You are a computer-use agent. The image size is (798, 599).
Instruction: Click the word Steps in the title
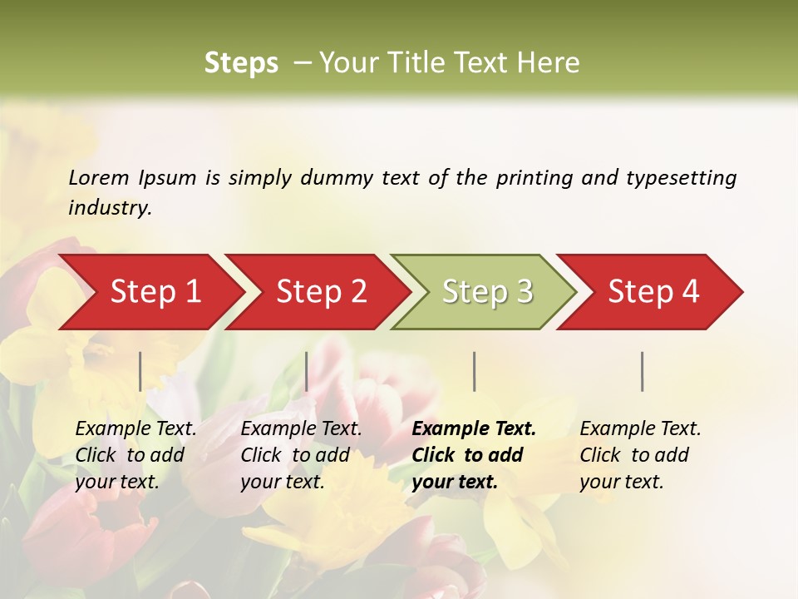coord(241,63)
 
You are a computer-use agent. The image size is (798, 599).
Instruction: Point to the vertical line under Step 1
coord(140,371)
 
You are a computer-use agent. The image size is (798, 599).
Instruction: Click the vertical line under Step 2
coord(307,371)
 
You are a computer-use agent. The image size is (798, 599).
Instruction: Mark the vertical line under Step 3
coord(474,371)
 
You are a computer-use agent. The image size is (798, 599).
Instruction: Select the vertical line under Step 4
coord(643,371)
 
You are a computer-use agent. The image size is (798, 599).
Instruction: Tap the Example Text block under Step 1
coord(135,455)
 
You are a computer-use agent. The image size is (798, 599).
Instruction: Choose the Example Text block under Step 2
coord(301,455)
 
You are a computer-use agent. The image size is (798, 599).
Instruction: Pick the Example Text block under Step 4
coord(640,455)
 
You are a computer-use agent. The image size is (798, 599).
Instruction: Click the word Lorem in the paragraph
coord(99,178)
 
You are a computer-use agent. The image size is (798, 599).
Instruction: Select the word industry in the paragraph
coord(109,208)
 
